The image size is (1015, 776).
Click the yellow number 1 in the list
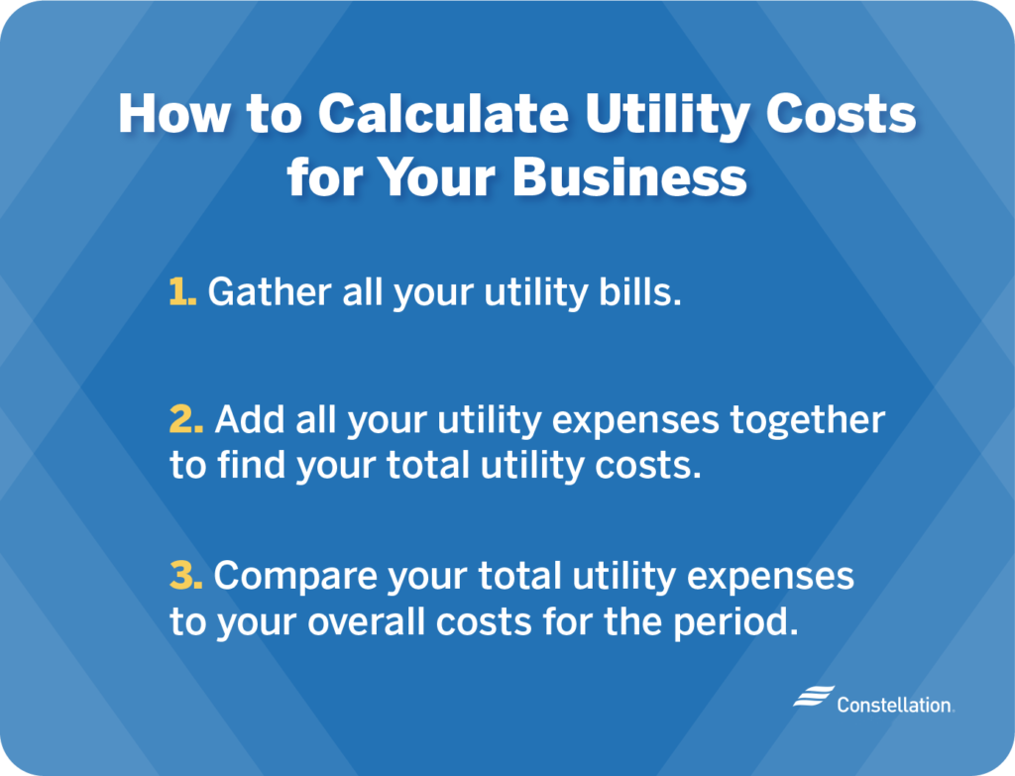[182, 292]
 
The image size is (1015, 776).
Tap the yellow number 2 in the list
[186, 420]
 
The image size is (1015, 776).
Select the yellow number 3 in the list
[186, 575]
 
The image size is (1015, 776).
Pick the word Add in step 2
[245, 420]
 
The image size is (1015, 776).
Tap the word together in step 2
[807, 420]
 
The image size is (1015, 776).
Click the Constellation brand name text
[894, 705]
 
